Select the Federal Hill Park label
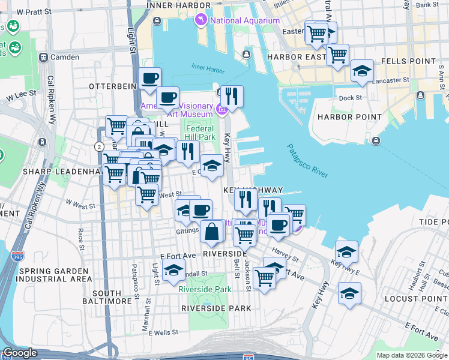pos(200,133)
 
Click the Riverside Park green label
pos(205,289)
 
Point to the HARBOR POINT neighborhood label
pos(349,117)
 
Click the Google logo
pos(19,353)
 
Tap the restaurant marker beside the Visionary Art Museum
pos(231,95)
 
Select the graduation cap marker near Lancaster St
pos(362,71)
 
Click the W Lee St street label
pos(22,95)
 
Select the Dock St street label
pos(350,98)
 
